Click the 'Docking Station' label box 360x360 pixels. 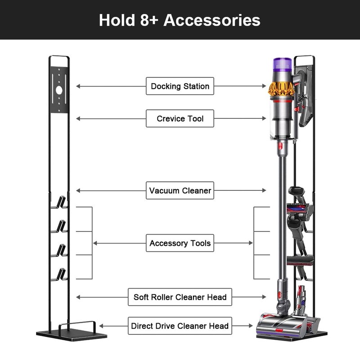pyautogui.click(x=180, y=86)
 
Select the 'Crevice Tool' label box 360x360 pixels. pyautogui.click(x=180, y=118)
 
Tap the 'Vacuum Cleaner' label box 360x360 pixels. pyautogui.click(x=180, y=190)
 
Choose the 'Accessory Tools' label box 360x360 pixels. pyautogui.click(x=180, y=243)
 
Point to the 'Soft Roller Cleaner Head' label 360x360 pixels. pyautogui.click(x=180, y=297)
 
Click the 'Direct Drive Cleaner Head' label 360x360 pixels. pyautogui.click(x=180, y=326)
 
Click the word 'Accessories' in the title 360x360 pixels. pyautogui.click(x=212, y=20)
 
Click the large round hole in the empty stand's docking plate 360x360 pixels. pyautogui.click(x=59, y=90)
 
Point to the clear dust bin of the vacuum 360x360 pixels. pyautogui.click(x=281, y=119)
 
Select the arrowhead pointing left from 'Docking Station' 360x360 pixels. pyautogui.click(x=78, y=86)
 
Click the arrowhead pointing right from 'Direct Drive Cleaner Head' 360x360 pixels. pyautogui.click(x=250, y=326)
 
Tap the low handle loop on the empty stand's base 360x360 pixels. pyautogui.click(x=76, y=325)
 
